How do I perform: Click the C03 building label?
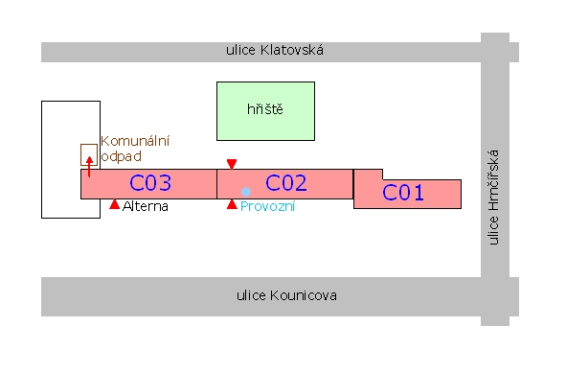tap(150, 183)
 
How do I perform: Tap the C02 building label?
tap(286, 183)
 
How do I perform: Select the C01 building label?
tap(403, 193)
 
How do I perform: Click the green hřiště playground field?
tap(265, 111)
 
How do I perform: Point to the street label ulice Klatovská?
tap(275, 50)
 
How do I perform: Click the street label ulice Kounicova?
tap(286, 295)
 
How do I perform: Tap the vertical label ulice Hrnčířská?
tap(493, 198)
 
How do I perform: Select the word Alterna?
tap(146, 206)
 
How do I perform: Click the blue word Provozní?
tap(267, 206)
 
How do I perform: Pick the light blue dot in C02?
tap(246, 192)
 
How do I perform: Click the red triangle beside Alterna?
tap(114, 204)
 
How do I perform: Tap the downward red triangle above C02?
tap(232, 164)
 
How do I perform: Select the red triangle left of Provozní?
tap(232, 204)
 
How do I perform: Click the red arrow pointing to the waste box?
tap(89, 167)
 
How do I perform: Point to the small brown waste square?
tap(89, 155)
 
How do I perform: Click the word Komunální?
tap(135, 141)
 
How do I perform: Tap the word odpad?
tap(122, 156)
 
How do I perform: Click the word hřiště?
tap(265, 108)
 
